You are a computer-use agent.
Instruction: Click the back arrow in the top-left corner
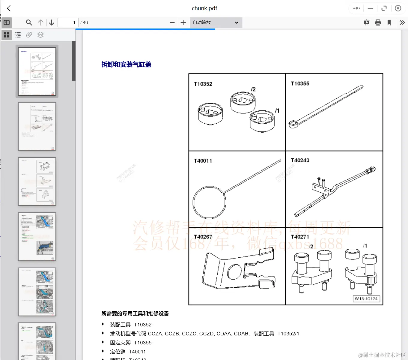(x=9, y=8)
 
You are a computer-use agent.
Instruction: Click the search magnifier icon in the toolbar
(x=29, y=22)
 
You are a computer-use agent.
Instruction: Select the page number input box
(x=68, y=22)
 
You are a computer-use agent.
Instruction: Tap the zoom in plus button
(x=183, y=22)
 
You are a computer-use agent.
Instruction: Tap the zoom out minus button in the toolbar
(x=172, y=22)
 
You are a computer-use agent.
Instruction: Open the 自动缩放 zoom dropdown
(x=216, y=22)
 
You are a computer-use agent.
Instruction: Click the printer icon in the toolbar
(x=378, y=22)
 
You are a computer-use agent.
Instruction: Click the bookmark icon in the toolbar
(x=389, y=22)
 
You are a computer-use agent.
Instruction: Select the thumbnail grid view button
(x=7, y=35)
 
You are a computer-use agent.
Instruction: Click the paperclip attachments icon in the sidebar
(x=29, y=35)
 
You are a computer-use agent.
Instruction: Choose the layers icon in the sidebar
(x=40, y=35)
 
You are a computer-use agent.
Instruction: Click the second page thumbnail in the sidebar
(x=37, y=126)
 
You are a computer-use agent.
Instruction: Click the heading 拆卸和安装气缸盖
(x=126, y=64)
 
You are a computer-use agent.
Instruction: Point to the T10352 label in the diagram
(x=203, y=84)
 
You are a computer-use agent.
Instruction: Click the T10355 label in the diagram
(x=300, y=84)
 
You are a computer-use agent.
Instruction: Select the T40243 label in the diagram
(x=300, y=160)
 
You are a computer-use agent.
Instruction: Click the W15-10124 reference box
(x=366, y=299)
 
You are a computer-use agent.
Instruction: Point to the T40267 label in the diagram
(x=203, y=237)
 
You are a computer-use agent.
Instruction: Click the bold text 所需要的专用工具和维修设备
(x=135, y=313)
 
